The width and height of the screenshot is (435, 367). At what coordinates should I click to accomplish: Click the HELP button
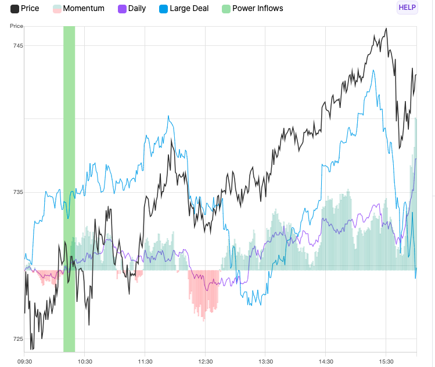pyautogui.click(x=407, y=8)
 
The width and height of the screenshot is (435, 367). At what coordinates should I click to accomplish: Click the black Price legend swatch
pyautogui.click(x=15, y=9)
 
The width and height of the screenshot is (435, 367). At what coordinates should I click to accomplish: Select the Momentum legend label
pyautogui.click(x=84, y=9)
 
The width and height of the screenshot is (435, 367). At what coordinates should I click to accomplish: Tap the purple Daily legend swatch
pyautogui.click(x=122, y=9)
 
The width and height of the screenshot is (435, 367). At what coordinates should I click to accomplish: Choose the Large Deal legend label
pyautogui.click(x=189, y=9)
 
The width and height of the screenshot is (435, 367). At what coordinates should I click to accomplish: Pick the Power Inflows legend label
pyautogui.click(x=258, y=9)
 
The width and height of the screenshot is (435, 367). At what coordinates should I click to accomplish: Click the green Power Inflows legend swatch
pyautogui.click(x=226, y=9)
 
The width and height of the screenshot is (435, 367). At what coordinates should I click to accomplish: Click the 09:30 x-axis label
pyautogui.click(x=24, y=361)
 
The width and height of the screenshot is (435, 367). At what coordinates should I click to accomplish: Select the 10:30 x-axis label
pyautogui.click(x=85, y=361)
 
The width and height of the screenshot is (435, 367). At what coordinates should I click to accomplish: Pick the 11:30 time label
pyautogui.click(x=145, y=361)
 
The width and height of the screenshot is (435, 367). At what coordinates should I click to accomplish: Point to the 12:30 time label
pyautogui.click(x=206, y=361)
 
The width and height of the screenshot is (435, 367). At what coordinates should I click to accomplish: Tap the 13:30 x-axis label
pyautogui.click(x=265, y=361)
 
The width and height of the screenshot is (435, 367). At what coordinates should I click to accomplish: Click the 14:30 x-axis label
pyautogui.click(x=326, y=361)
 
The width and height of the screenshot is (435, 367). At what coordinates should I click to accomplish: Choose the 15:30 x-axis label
pyautogui.click(x=386, y=361)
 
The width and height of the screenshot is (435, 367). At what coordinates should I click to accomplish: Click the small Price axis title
pyautogui.click(x=16, y=26)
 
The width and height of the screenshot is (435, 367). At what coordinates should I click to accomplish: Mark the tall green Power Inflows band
pyautogui.click(x=69, y=189)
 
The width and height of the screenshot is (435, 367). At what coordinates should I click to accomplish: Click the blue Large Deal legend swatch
pyautogui.click(x=163, y=9)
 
